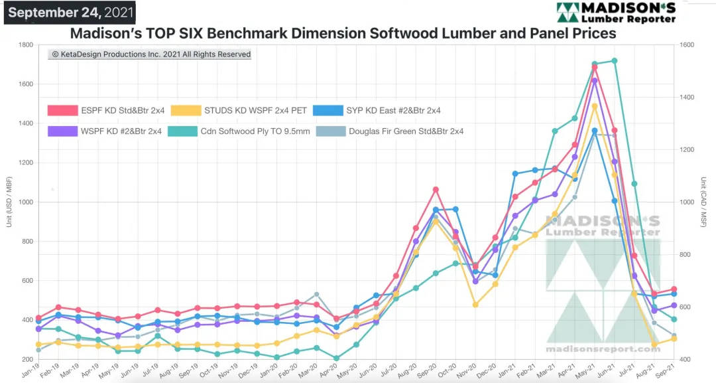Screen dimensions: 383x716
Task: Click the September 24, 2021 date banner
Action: point(70,13)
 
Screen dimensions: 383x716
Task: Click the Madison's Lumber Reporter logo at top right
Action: point(616,13)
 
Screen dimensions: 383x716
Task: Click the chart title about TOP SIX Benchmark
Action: point(343,33)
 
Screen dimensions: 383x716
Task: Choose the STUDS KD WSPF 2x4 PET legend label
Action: point(256,110)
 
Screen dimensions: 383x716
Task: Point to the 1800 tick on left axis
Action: point(26,45)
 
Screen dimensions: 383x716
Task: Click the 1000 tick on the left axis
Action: point(26,202)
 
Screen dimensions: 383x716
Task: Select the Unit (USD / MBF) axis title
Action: point(9,202)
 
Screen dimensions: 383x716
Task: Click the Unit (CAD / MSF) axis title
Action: point(703,202)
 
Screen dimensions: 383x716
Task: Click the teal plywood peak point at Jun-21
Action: point(614,61)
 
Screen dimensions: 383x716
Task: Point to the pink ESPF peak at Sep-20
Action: point(436,190)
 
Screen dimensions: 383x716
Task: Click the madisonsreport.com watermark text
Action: point(603,348)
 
